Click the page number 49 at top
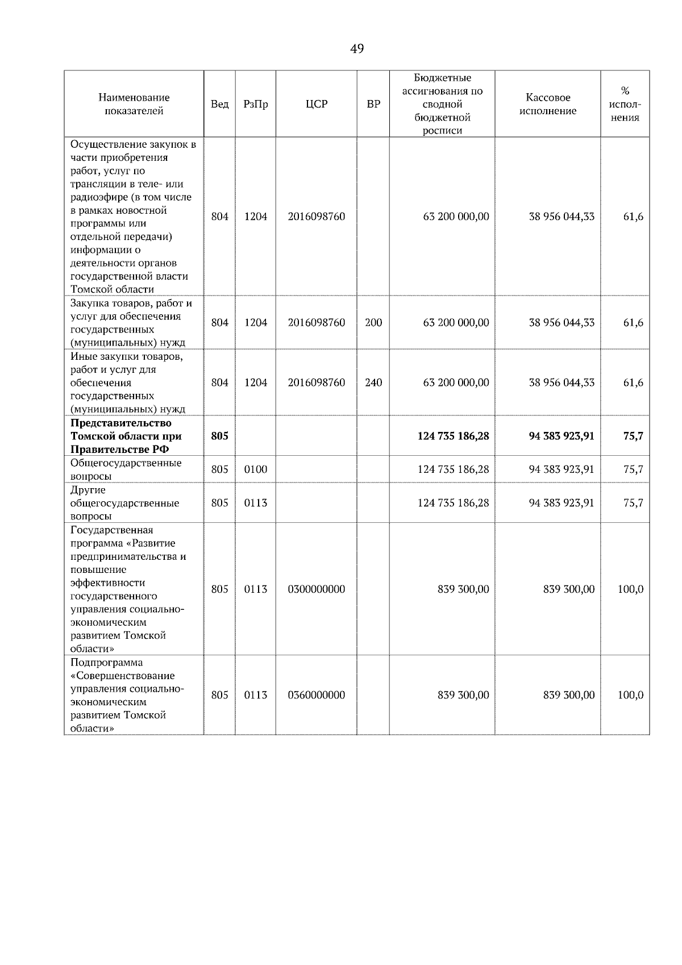pyautogui.click(x=357, y=49)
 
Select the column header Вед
pyautogui.click(x=219, y=104)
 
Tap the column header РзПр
pyautogui.click(x=255, y=104)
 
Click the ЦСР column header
pyautogui.click(x=316, y=104)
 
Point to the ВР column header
pyautogui.click(x=373, y=104)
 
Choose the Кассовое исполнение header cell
pyautogui.click(x=547, y=104)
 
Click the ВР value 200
pyautogui.click(x=373, y=322)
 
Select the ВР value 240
pyautogui.click(x=373, y=382)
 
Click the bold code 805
pyautogui.click(x=219, y=436)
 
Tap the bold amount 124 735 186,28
pyautogui.click(x=453, y=436)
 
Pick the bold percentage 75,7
pyautogui.click(x=633, y=436)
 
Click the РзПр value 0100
pyautogui.click(x=255, y=469)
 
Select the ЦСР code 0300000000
pyautogui.click(x=316, y=589)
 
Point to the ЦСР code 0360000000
pyautogui.click(x=316, y=695)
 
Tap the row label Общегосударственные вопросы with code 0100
pyautogui.click(x=126, y=469)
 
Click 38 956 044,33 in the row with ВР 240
pyautogui.click(x=562, y=382)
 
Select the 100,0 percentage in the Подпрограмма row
pyautogui.click(x=630, y=695)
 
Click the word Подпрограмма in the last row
pyautogui.click(x=107, y=663)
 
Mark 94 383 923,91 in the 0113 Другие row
pyautogui.click(x=562, y=503)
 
